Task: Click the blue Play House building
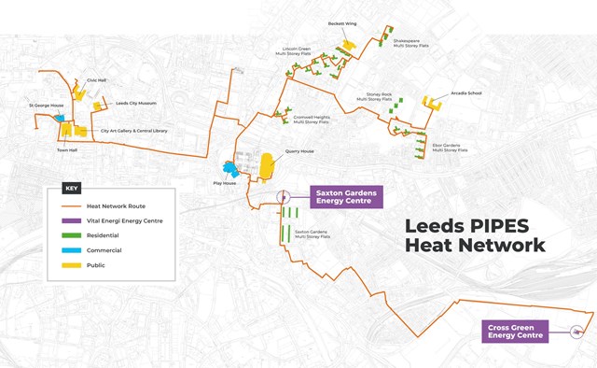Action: click(x=229, y=169)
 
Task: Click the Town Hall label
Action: click(x=66, y=149)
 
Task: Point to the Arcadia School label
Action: click(x=464, y=94)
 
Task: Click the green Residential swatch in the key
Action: click(x=66, y=235)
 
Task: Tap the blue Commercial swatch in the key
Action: click(x=66, y=250)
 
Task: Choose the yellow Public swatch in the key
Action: click(x=66, y=265)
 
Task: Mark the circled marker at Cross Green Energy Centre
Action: click(x=576, y=331)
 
